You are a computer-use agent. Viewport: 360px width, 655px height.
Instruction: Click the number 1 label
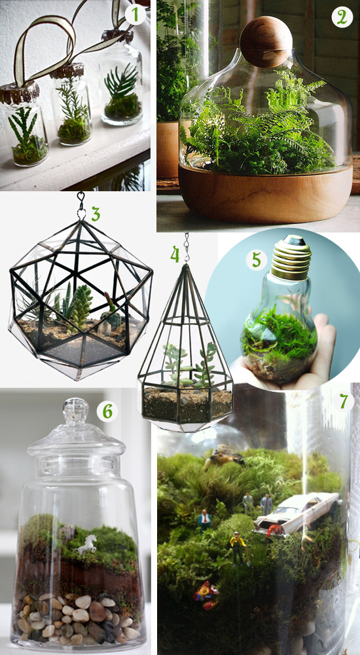[x=134, y=14]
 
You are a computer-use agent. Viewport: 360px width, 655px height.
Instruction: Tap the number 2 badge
[x=342, y=17]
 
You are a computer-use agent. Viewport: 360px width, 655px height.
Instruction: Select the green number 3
[x=96, y=214]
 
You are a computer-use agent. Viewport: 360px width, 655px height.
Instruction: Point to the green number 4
[x=175, y=254]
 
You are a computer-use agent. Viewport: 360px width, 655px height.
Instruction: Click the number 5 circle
[x=256, y=259]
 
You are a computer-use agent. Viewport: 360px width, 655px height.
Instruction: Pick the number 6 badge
[x=107, y=411]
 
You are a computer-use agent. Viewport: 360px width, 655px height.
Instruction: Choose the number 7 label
[x=343, y=402]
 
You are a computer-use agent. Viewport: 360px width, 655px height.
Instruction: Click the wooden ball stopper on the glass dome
[x=266, y=41]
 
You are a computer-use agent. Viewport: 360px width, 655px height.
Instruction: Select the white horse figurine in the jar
[x=86, y=544]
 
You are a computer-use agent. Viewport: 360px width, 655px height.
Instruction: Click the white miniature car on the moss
[x=297, y=512]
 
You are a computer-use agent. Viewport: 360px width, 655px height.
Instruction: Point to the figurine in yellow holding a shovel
[x=238, y=548]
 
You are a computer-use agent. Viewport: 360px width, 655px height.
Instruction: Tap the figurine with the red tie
[x=204, y=521]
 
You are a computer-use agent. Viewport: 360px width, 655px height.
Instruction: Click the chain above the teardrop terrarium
[x=187, y=248]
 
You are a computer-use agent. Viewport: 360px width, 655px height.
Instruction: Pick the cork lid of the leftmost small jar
[x=20, y=93]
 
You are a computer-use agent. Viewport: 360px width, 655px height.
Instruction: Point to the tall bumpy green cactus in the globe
[x=81, y=307]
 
